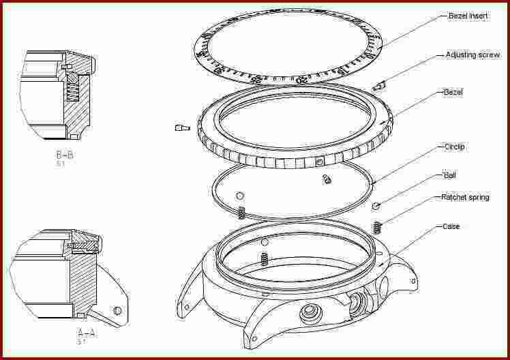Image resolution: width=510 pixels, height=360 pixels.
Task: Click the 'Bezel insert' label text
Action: (x=468, y=16)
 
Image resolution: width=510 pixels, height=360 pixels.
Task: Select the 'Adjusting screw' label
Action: (x=472, y=55)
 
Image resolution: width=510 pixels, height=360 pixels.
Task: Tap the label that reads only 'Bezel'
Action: (x=453, y=91)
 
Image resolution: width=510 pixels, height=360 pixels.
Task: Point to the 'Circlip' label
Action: (x=455, y=147)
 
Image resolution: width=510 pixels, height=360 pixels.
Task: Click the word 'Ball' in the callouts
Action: (x=450, y=175)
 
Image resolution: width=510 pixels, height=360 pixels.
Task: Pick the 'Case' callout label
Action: (x=451, y=226)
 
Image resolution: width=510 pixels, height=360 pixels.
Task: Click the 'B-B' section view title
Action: (x=65, y=155)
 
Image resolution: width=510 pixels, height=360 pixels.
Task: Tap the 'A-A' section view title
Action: (x=85, y=333)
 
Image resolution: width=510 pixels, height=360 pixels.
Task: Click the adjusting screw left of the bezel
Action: (x=181, y=127)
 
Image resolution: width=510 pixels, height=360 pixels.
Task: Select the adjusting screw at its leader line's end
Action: (x=379, y=85)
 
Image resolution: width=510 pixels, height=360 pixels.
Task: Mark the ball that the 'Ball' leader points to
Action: (x=375, y=205)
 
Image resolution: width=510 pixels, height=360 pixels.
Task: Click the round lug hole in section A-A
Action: (x=118, y=311)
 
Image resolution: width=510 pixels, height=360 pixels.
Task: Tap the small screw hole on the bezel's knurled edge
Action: (x=320, y=162)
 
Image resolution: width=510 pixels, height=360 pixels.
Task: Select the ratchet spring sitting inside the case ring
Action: (x=264, y=258)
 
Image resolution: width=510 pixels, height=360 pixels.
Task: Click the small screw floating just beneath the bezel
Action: (x=326, y=179)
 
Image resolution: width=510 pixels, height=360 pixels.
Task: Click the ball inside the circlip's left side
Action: (x=240, y=196)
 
